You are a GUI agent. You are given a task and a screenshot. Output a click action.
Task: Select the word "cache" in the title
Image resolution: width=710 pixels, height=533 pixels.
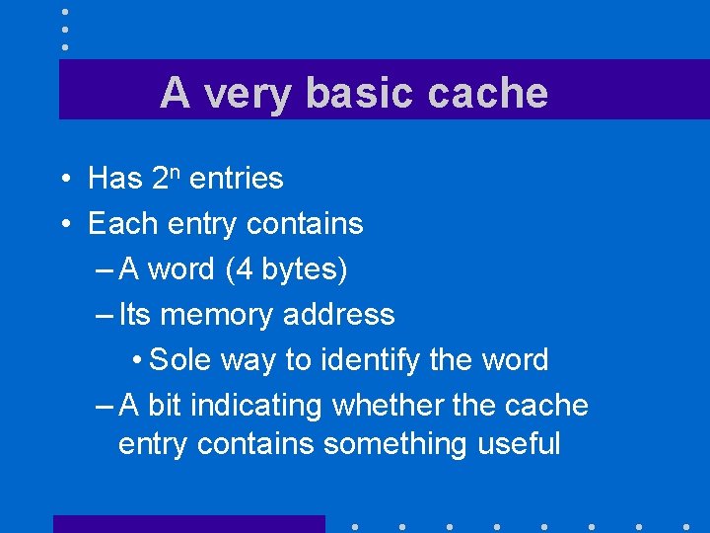tap(488, 93)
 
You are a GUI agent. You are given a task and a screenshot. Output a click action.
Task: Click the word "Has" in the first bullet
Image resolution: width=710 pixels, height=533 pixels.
tap(115, 179)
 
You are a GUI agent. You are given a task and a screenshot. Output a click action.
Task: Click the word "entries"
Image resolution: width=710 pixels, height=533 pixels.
tap(236, 179)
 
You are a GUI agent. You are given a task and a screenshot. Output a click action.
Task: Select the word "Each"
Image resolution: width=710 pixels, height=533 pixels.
tap(118, 224)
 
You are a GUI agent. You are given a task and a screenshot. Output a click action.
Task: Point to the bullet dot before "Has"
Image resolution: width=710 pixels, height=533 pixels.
tap(62, 180)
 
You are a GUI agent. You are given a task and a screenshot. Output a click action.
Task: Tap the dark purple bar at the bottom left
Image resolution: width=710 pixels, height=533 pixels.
tap(188, 523)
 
